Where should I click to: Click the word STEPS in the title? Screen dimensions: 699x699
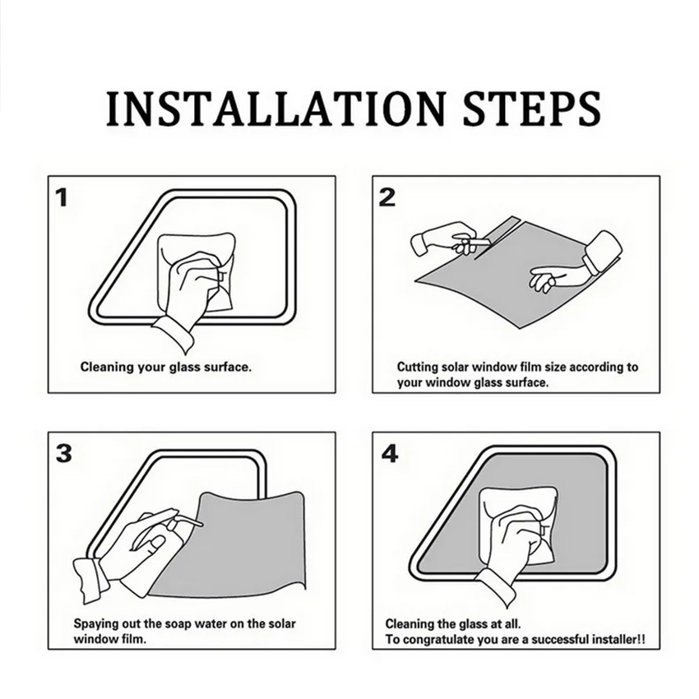pos(532,109)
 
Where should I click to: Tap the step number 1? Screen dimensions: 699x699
pos(62,197)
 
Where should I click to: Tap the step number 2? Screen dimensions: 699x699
pos(387,197)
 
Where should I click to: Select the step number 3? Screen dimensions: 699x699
pos(64,453)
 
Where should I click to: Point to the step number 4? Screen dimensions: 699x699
pos(389,453)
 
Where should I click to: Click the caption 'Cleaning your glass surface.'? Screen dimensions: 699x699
pos(166,368)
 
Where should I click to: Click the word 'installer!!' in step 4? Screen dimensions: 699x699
pos(618,640)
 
